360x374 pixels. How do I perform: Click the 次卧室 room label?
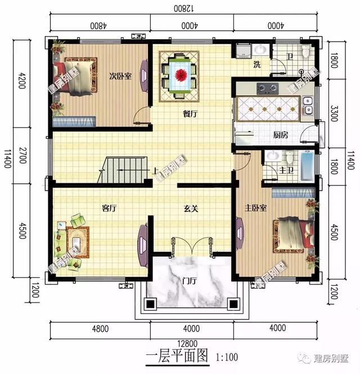[x=120, y=76]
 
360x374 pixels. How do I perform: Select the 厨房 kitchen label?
[x=280, y=135]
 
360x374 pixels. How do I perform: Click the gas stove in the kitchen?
[x=267, y=88]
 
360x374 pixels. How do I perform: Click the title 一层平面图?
[x=177, y=357]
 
